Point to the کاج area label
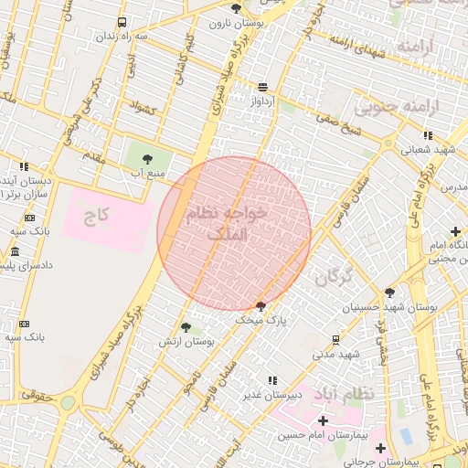point(98,217)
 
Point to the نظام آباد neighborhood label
point(344,393)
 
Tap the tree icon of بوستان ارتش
point(186,326)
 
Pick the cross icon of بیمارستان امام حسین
point(323,420)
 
